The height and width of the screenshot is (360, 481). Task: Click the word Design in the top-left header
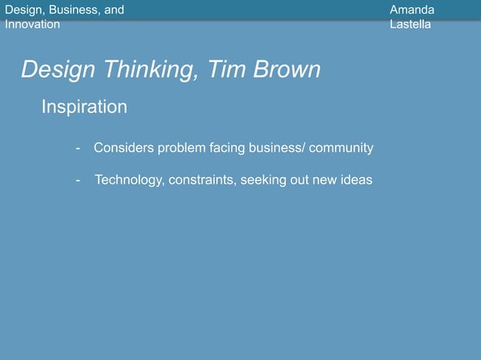coord(22,10)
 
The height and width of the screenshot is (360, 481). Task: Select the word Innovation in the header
coord(32,24)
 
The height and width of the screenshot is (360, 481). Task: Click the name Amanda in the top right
coord(412,10)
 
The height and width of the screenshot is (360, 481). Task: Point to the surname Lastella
coord(411,24)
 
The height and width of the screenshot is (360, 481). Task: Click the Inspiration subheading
coord(84,108)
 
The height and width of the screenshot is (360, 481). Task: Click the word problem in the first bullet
coord(180,148)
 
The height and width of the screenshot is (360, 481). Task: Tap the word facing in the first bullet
coord(225,148)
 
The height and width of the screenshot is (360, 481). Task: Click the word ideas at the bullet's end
coord(357,180)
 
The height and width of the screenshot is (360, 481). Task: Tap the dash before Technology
coord(78,181)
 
